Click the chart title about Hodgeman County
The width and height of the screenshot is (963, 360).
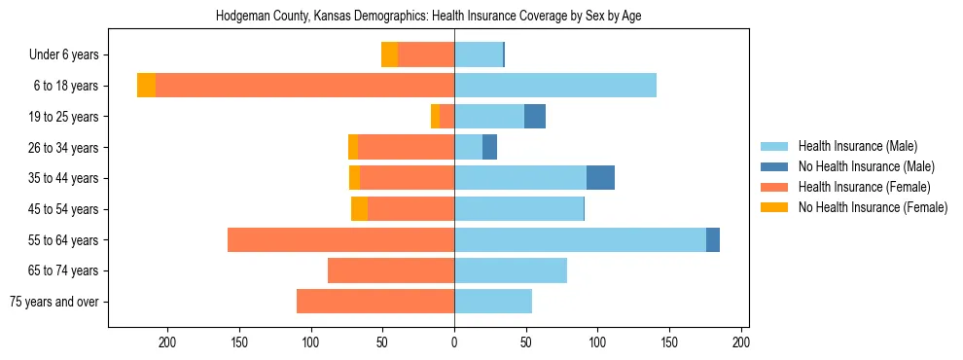pos(428,17)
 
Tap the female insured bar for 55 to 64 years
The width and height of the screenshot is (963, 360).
pos(340,239)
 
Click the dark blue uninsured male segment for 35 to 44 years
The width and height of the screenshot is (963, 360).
pos(600,178)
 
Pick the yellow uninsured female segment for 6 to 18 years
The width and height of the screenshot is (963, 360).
pos(146,86)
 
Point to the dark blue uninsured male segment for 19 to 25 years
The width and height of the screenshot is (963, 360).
pos(535,117)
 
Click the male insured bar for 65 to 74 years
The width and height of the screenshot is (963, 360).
pos(511,270)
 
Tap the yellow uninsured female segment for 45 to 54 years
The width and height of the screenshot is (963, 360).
pos(359,209)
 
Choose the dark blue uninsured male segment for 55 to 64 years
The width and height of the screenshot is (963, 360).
pos(713,239)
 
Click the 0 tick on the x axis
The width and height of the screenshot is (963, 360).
pos(454,342)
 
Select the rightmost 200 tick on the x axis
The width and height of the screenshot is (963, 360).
pos(741,342)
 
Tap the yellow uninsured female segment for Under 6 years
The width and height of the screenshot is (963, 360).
pos(389,55)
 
